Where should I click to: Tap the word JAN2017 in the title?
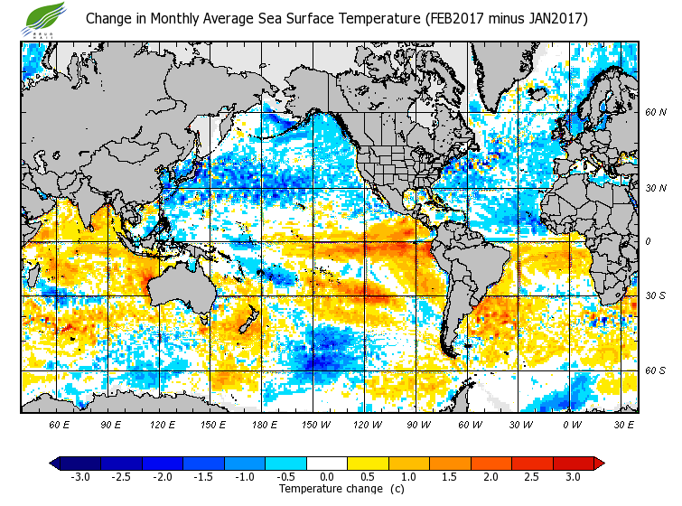pyautogui.click(x=549, y=18)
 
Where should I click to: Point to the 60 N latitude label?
pyautogui.click(x=656, y=113)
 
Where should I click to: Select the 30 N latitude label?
pyautogui.click(x=656, y=189)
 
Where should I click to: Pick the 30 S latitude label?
pyautogui.click(x=656, y=295)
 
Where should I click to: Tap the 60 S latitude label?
pyautogui.click(x=656, y=370)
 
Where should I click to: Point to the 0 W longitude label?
pyautogui.click(x=573, y=424)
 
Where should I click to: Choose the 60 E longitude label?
pyautogui.click(x=59, y=424)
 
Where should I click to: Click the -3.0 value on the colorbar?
pyautogui.click(x=80, y=476)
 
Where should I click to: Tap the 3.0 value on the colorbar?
pyautogui.click(x=573, y=476)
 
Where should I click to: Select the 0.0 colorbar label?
pyautogui.click(x=327, y=476)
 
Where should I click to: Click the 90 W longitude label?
pyautogui.click(x=419, y=424)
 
